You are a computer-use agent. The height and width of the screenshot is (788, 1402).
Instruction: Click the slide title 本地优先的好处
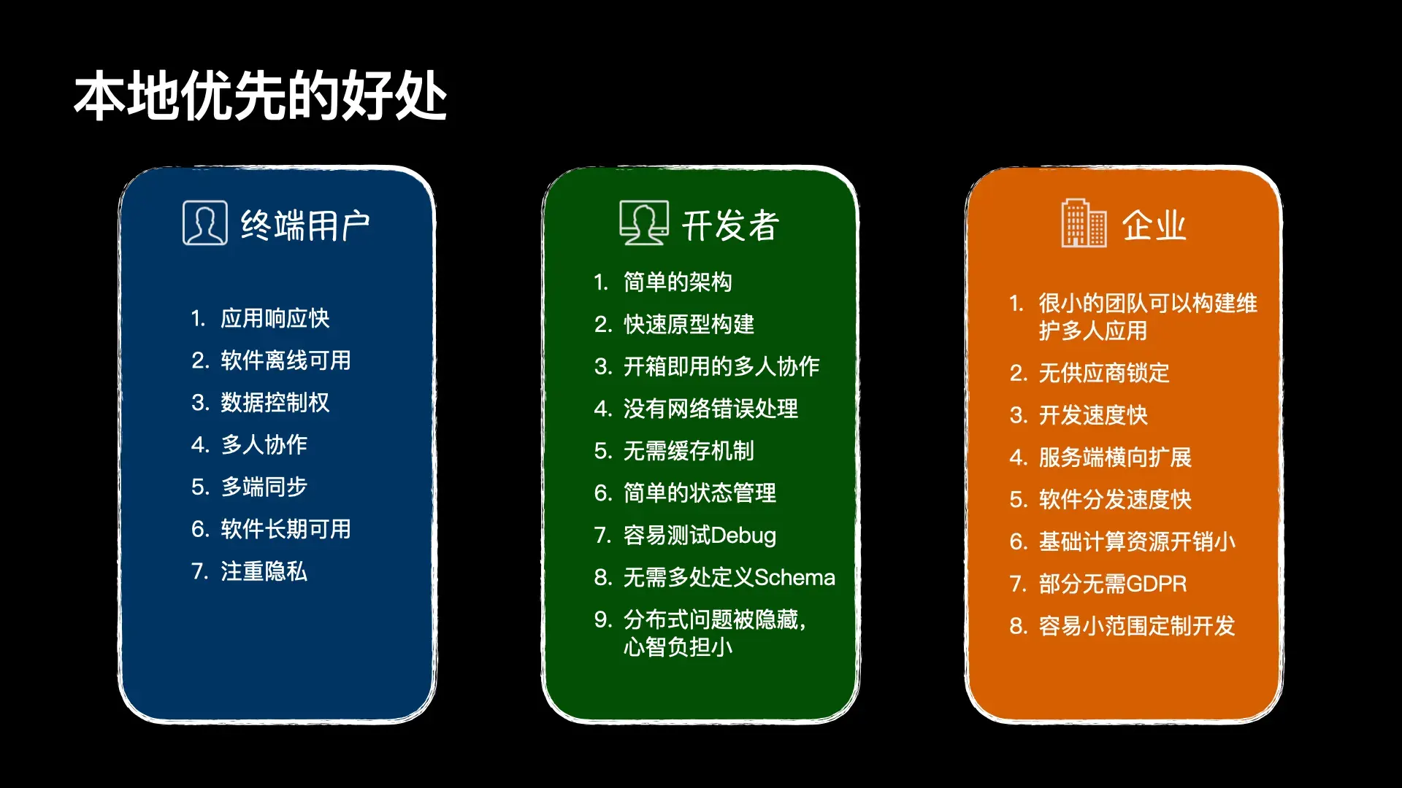[260, 96]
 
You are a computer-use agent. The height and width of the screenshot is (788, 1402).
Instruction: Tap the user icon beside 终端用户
[204, 223]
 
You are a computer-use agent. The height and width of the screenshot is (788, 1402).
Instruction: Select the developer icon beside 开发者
[643, 223]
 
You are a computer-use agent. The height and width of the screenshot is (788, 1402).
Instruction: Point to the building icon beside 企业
[1084, 223]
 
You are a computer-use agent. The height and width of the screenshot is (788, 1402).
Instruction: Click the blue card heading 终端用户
[305, 225]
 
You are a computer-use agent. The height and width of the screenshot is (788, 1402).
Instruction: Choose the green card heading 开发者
[730, 225]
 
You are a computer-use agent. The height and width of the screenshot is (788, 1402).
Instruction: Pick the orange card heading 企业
[1154, 225]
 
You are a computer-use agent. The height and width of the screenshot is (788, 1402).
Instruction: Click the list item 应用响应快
[275, 318]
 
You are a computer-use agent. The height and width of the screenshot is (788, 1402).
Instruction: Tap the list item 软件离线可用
[286, 360]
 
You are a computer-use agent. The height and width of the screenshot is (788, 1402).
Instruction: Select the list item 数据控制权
[275, 403]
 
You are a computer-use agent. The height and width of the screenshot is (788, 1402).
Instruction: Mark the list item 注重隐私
[264, 571]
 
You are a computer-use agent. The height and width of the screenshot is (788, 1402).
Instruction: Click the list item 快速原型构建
[689, 324]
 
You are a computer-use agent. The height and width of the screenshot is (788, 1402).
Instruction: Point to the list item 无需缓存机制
[689, 451]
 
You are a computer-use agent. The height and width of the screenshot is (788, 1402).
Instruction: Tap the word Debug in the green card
[743, 536]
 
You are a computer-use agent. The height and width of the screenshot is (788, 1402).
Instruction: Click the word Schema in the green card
[794, 578]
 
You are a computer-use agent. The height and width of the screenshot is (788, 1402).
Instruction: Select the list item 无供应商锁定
[1104, 373]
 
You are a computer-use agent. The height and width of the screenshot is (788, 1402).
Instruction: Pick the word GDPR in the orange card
[1156, 584]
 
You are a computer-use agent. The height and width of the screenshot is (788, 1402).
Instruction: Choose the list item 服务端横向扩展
[1115, 457]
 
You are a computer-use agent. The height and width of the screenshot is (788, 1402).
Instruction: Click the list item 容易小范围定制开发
[1137, 626]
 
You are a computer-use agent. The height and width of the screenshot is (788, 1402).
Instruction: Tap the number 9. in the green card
[602, 620]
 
